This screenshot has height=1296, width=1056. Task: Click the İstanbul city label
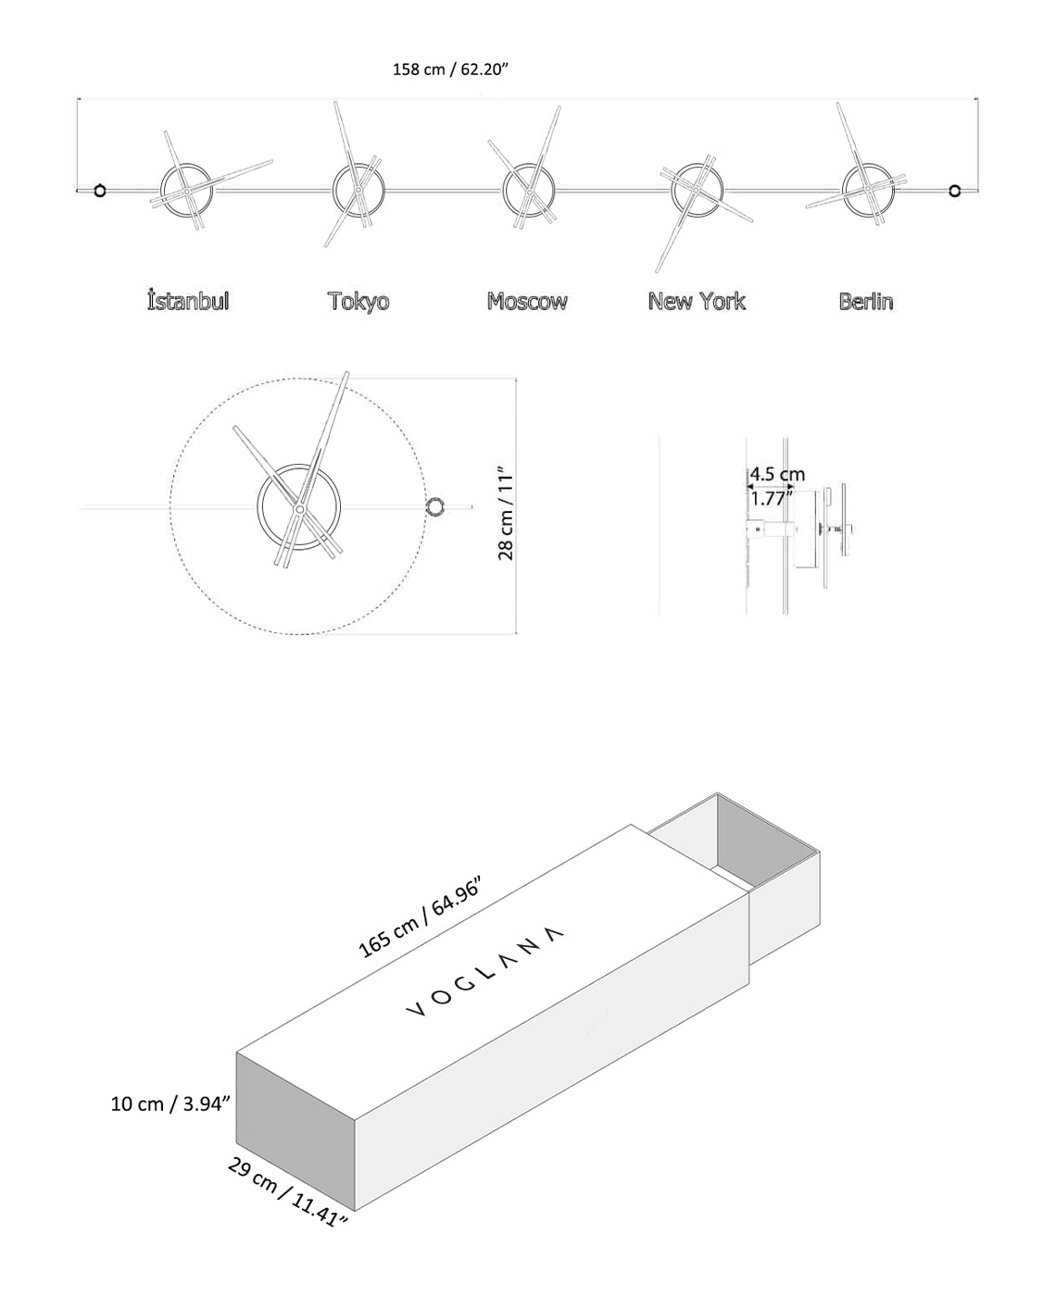[x=188, y=301]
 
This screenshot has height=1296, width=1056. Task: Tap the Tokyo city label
[x=358, y=301]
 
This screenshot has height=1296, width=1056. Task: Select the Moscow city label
[x=527, y=301]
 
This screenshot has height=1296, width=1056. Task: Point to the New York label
[x=697, y=301]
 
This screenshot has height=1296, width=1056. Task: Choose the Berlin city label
[x=866, y=301]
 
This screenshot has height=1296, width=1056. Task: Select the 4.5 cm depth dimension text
[x=776, y=475]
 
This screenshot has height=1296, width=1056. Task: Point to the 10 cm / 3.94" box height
[x=170, y=1103]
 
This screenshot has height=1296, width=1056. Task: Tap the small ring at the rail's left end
[x=100, y=191]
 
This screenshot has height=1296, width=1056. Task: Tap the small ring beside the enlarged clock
[x=434, y=506]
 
